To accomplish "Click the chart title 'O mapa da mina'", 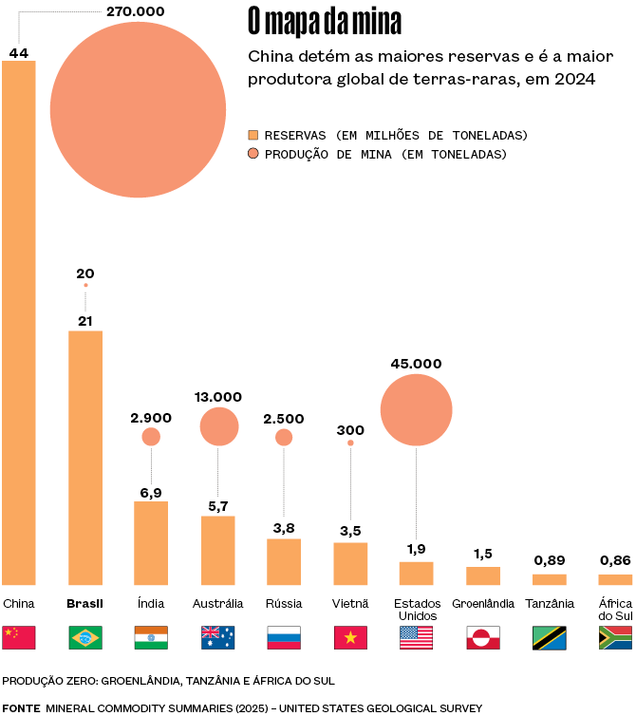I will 324,20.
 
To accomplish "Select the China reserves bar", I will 19,323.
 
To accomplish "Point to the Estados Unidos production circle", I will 416,409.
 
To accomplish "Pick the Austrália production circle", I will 219,426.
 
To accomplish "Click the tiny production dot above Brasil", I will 85,285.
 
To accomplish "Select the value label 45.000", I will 416,363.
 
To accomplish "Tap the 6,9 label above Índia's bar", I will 151,492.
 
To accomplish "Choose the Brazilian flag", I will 85,637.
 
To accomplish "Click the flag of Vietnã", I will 350,637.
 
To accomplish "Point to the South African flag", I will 615,637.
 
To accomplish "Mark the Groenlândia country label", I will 483,603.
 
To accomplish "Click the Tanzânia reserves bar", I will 549,579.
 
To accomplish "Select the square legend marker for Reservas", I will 253,135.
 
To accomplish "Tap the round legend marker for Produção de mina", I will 253,154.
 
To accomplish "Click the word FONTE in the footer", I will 21,707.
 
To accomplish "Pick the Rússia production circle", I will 284,437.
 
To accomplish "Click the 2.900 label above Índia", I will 151,418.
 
